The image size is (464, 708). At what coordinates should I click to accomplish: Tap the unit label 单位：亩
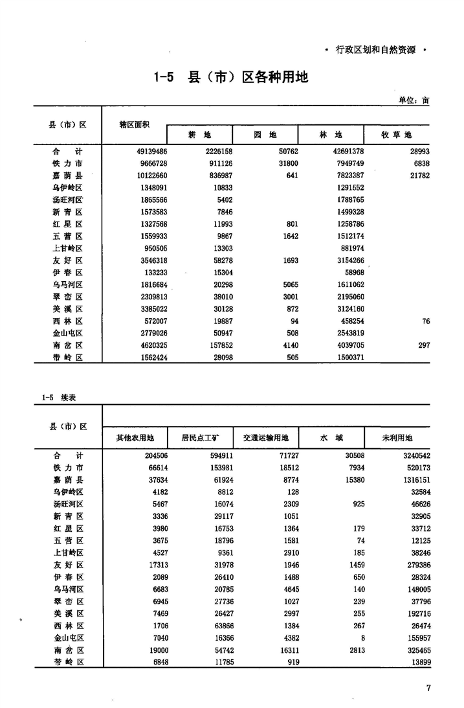414,100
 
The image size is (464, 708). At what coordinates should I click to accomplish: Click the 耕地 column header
199,135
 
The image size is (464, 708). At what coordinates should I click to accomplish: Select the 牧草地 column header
397,135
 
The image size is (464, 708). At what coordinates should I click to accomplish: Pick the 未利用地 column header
397,438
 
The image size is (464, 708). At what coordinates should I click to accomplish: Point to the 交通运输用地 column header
265,438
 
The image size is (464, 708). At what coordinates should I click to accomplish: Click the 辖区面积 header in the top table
135,124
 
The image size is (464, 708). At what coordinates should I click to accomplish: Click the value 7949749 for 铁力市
346,163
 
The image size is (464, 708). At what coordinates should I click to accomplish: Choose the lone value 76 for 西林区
425,321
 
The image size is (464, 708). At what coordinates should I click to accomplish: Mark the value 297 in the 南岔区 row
423,346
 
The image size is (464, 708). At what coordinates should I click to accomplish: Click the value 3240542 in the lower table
412,455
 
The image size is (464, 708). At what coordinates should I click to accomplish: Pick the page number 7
428,688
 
